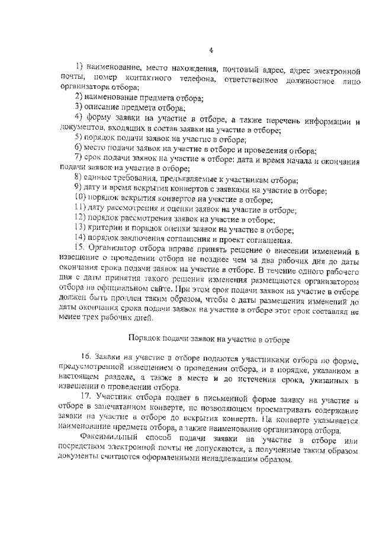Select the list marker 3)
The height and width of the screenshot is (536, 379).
click(x=78, y=107)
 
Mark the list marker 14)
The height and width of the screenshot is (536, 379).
click(x=80, y=240)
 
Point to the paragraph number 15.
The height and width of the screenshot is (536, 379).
click(x=80, y=249)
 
